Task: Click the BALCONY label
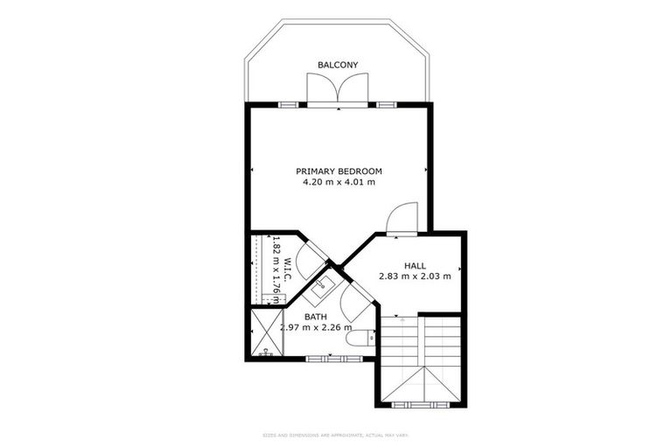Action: (338, 65)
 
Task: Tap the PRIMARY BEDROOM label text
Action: (339, 171)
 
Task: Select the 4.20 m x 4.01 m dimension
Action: (339, 183)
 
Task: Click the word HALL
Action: (415, 265)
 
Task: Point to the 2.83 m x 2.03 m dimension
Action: (415, 276)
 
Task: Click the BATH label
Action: (316, 317)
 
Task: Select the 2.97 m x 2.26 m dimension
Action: (316, 328)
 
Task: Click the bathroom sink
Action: (323, 283)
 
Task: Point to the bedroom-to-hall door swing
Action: (403, 218)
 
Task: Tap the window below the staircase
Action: (422, 404)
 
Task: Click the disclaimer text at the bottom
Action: (336, 434)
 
